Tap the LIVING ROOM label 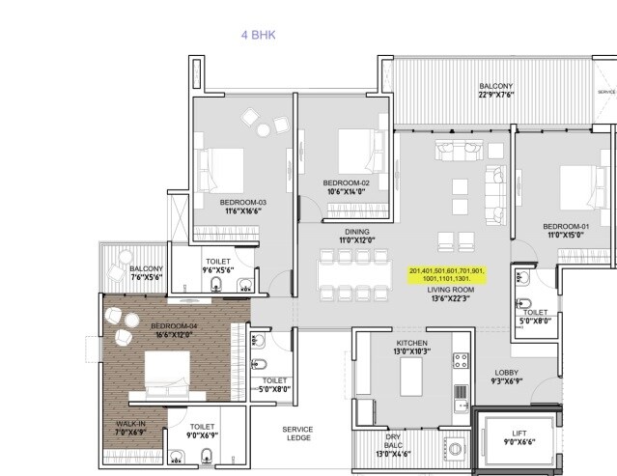451,294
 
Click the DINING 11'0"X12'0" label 331,236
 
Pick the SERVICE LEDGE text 297,434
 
